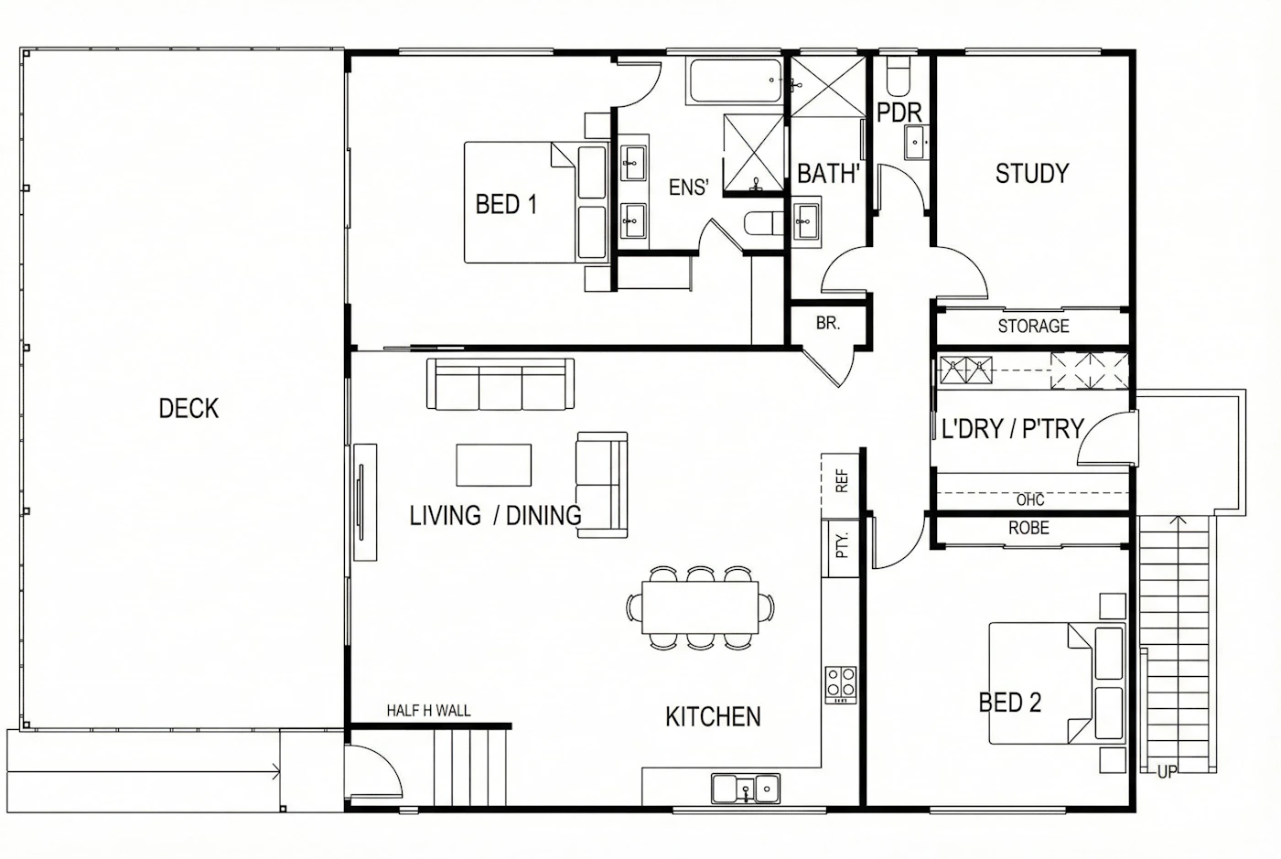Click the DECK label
(188, 408)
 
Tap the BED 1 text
(506, 204)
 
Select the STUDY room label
(1032, 173)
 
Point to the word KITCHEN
(713, 716)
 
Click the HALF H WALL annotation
(428, 710)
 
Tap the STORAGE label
(1033, 326)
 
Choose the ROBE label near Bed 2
(1028, 528)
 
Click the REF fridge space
(840, 486)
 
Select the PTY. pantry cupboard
(840, 548)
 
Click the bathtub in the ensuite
(736, 81)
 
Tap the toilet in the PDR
(898, 76)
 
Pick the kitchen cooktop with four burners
(841, 684)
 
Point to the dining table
(700, 607)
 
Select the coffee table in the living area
(493, 465)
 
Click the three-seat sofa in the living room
(501, 383)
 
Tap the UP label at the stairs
(1168, 772)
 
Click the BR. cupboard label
(828, 323)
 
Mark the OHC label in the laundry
(1030, 499)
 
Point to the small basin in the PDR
(916, 143)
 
